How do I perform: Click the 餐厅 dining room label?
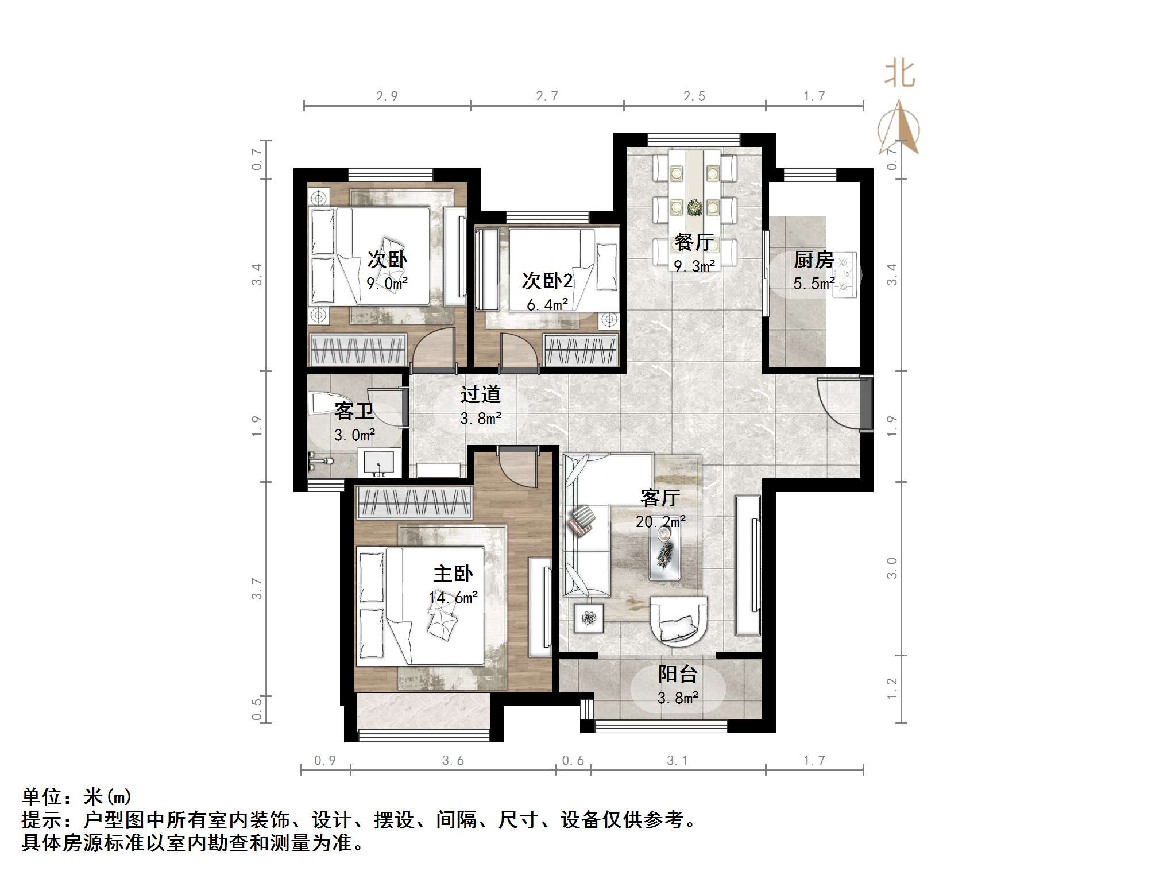click(x=694, y=242)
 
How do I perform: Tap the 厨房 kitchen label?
click(x=813, y=260)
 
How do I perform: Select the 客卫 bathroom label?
click(x=354, y=411)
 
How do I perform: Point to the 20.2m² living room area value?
click(x=660, y=521)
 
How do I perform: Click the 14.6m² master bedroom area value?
click(x=453, y=598)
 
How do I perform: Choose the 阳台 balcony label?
click(x=678, y=674)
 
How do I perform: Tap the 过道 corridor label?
click(x=481, y=394)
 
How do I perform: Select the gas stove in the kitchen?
click(x=845, y=274)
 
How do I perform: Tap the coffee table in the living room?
click(x=665, y=551)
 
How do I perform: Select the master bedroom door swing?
click(x=516, y=466)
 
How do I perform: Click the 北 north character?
click(x=899, y=75)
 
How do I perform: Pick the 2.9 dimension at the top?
click(x=387, y=96)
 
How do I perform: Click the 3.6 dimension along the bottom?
click(x=453, y=761)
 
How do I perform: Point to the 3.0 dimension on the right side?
click(x=891, y=568)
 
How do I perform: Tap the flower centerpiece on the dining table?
click(x=695, y=207)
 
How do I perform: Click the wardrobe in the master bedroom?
click(x=414, y=502)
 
